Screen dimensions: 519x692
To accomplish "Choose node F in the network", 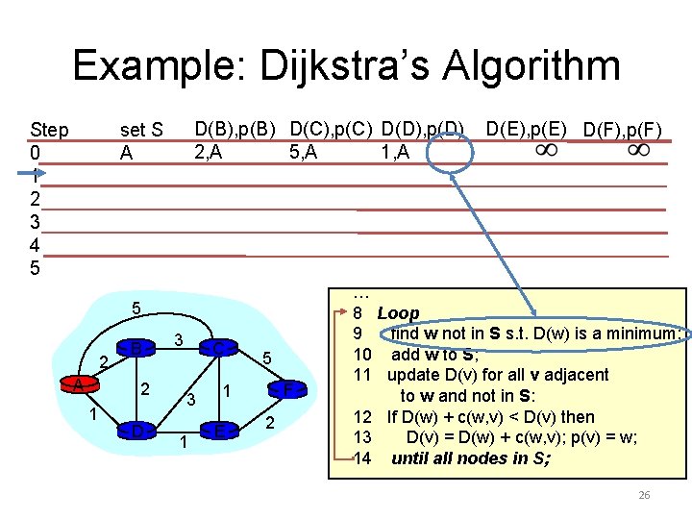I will coord(287,389).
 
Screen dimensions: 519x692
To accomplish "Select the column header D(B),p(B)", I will coord(235,128).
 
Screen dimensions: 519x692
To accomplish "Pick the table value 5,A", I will coord(304,151).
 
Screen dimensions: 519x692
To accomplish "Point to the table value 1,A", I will coord(394,151).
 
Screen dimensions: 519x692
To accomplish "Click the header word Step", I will coord(49,130).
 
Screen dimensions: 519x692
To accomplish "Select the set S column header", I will coord(140,130).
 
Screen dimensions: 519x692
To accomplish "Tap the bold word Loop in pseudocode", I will coord(398,313).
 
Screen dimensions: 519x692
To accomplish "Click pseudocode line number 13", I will coord(362,437).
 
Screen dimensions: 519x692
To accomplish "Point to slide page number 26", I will coord(644,495).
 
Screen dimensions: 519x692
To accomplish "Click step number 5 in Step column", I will coord(36,268).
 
